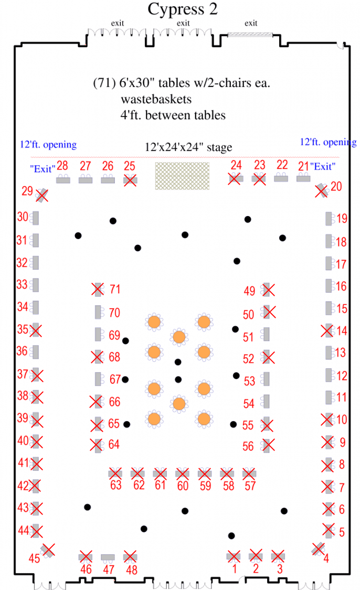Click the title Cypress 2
coord(183,9)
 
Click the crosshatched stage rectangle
coord(182,176)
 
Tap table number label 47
coord(109,570)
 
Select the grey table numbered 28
coord(63,180)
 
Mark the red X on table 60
coord(182,474)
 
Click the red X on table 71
coord(98,289)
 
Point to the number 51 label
coord(248,337)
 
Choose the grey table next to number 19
coord(329,219)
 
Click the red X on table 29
coord(42,195)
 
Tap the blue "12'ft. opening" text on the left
coord(48,145)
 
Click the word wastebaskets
coord(156,99)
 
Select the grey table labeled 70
coord(98,312)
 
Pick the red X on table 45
coord(48,550)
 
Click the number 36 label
coord(22,351)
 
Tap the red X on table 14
coord(327,331)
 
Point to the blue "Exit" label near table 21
coord(323,167)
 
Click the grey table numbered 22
coord(281,178)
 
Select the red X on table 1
coord(234,556)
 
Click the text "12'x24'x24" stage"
coord(188,147)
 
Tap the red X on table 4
coord(319,549)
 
